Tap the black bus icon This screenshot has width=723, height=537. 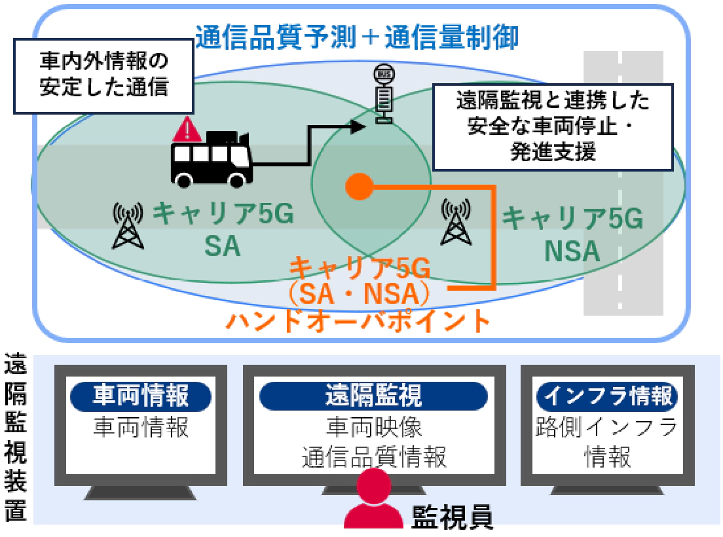pyautogui.click(x=211, y=160)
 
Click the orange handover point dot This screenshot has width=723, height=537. pyautogui.click(x=358, y=187)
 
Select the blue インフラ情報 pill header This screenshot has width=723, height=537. pyautogui.click(x=607, y=396)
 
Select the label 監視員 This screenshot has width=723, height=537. pyautogui.click(x=451, y=517)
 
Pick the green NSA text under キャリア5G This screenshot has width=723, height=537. pyautogui.click(x=571, y=250)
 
